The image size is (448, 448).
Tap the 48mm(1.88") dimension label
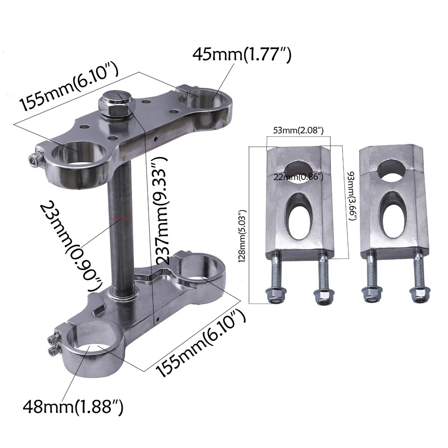(x=73, y=407)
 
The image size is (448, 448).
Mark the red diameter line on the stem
(x=122, y=218)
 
